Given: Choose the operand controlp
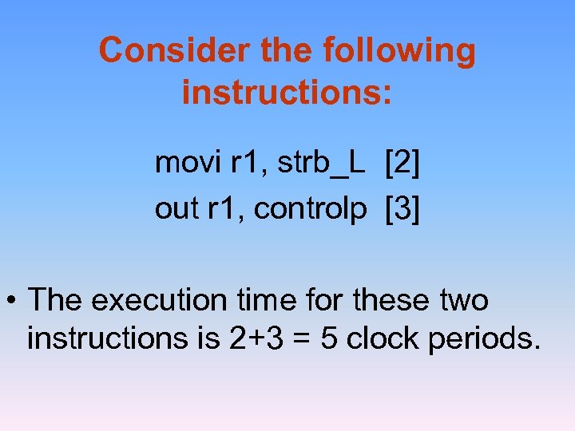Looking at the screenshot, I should tap(311, 209).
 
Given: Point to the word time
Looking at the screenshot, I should tap(265, 301).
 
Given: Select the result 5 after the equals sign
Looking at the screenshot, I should tap(328, 338).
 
